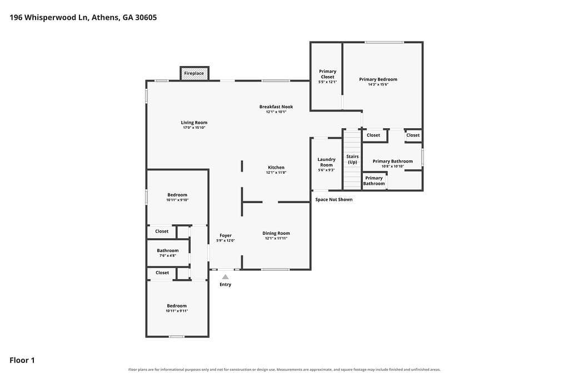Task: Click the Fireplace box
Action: pos(194,73)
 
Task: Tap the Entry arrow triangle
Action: pos(226,277)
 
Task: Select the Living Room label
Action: pos(194,123)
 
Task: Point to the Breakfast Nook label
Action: pos(276,107)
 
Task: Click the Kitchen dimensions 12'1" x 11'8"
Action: pos(276,173)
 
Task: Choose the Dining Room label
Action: pos(276,233)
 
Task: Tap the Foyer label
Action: pos(226,235)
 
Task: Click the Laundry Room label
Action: pos(326,162)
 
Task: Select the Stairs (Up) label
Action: pos(352,159)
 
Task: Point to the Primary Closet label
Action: pos(328,74)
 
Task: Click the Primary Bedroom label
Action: pos(378,79)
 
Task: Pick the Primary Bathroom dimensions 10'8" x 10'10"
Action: pos(393,166)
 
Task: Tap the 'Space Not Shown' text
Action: pos(334,199)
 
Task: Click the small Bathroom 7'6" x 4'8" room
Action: pos(168,252)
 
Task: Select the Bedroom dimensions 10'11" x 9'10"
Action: pos(177,200)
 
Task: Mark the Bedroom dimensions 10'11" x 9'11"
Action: pos(177,311)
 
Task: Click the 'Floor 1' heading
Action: pos(22,360)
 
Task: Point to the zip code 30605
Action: pos(146,17)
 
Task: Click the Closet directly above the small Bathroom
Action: pos(162,231)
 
